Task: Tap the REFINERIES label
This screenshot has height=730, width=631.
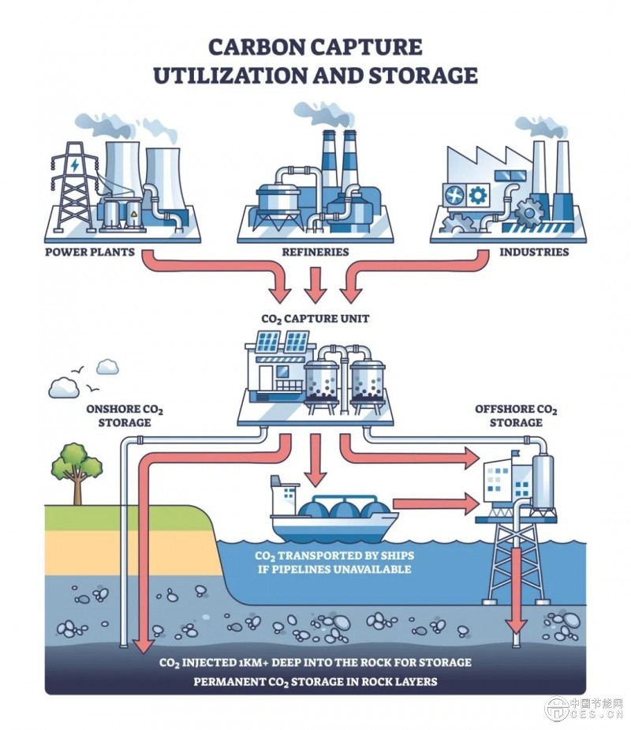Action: coord(315,253)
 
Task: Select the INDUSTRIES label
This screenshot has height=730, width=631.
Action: coord(534,253)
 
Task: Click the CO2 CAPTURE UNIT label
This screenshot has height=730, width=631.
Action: coord(315,320)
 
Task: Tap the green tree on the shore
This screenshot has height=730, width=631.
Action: coord(76,466)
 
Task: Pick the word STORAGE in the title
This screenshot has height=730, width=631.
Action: coord(431,75)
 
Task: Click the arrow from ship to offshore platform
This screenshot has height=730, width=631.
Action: coord(438,502)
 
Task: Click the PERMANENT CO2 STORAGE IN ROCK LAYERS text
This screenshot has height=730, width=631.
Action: coord(315,681)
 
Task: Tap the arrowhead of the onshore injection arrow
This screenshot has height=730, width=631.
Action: coord(142,646)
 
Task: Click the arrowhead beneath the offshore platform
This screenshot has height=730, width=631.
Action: coord(517,626)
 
